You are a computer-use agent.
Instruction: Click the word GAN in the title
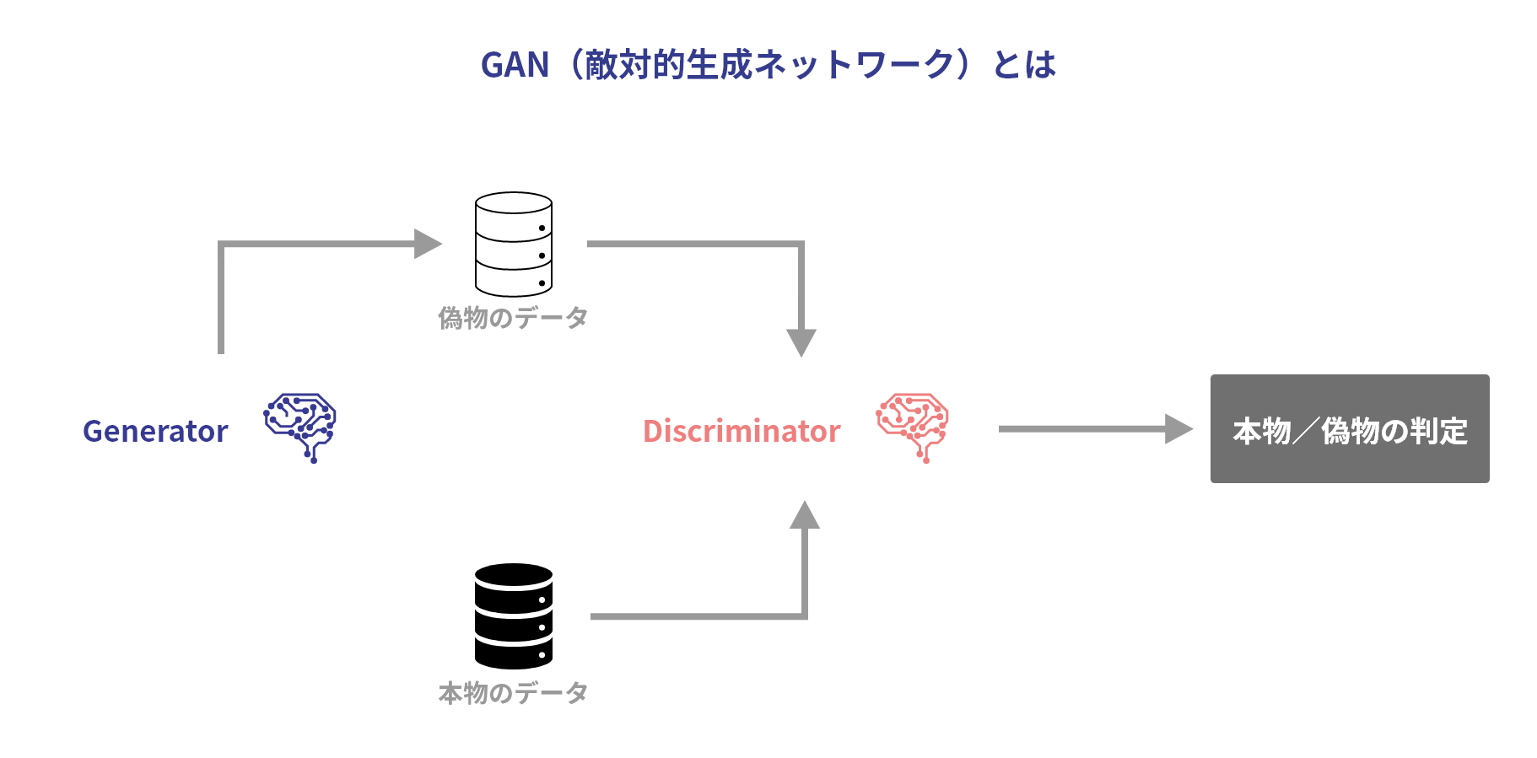pos(515,65)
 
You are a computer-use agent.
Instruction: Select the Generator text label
pos(155,431)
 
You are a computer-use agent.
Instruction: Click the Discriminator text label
pos(742,431)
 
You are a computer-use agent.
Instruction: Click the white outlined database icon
pos(513,244)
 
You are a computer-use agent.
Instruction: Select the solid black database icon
pos(513,616)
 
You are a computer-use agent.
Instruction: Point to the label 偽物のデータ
pos(513,318)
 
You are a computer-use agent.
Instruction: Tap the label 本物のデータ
pos(513,692)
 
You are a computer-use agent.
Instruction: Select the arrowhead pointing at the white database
pos(428,244)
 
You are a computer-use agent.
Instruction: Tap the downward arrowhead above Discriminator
pos(801,342)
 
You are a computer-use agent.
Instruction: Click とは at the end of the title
pos(1024,65)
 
